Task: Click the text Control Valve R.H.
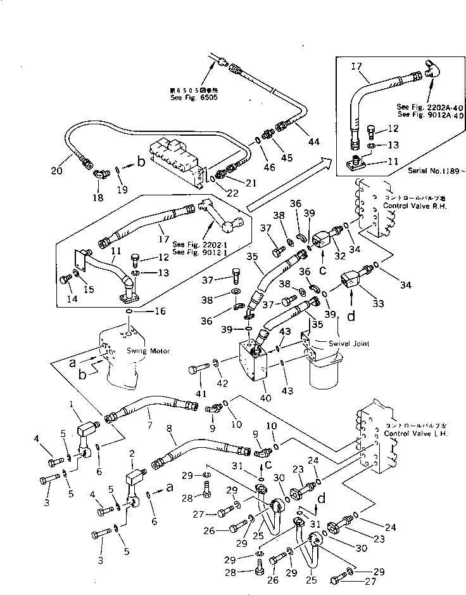click(410, 207)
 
